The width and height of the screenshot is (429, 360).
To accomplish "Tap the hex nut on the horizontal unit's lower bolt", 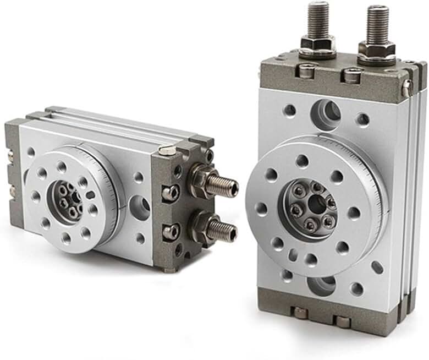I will point(200,226).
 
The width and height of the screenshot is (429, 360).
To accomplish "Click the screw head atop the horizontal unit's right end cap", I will point(167,150).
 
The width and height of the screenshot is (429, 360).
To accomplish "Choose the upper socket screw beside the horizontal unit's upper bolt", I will point(171,192).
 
